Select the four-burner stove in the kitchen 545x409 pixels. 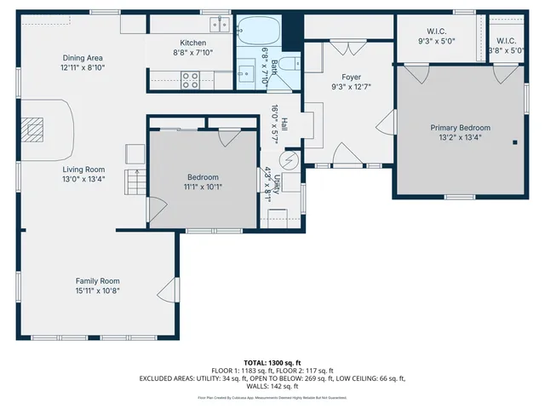(x=190, y=80)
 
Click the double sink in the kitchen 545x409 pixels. (x=220, y=23)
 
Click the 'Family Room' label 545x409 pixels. (x=98, y=280)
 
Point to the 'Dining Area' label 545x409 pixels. (x=83, y=58)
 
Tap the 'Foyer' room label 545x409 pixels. (x=352, y=77)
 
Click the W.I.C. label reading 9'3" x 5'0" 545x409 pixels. (x=437, y=40)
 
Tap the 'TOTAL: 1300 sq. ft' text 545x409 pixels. (x=272, y=362)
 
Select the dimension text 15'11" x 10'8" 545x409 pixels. (x=98, y=291)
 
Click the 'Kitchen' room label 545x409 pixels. (x=193, y=43)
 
